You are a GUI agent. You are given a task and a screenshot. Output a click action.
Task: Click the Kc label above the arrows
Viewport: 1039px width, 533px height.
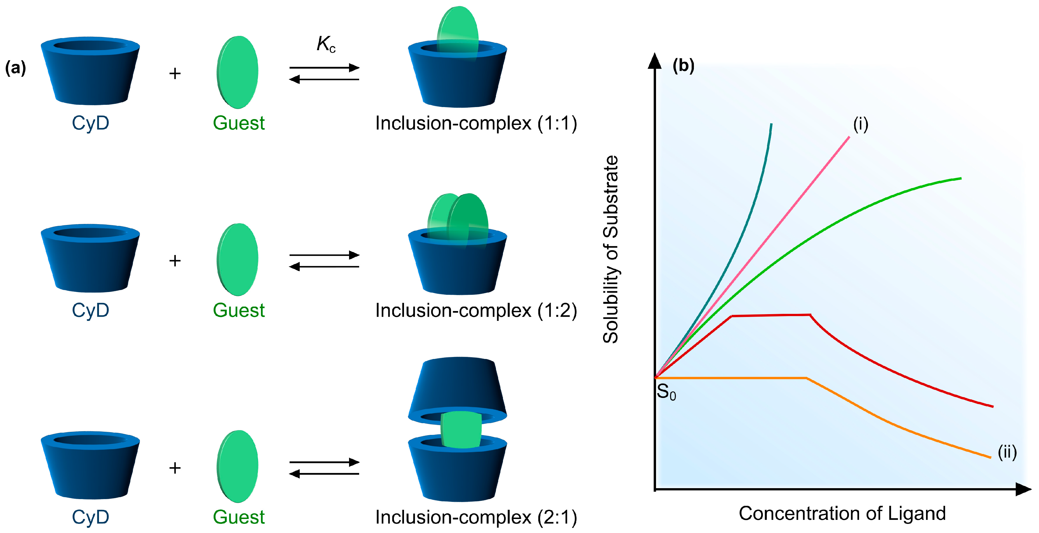pos(325,44)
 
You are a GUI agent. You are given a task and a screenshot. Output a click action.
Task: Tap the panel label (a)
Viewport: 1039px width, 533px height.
pos(15,68)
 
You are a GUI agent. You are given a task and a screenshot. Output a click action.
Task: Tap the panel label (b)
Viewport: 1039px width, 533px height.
pos(683,65)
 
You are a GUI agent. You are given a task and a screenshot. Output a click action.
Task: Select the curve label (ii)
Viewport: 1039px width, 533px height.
pos(1007,452)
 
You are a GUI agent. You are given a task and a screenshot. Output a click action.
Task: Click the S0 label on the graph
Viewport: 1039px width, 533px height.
pos(666,392)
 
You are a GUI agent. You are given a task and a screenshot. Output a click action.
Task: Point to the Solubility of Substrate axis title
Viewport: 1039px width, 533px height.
pos(611,249)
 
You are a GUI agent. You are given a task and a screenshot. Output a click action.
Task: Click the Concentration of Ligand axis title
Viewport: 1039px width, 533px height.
pos(842,513)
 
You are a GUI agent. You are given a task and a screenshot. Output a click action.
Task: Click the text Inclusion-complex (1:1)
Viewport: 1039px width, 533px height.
pos(476,123)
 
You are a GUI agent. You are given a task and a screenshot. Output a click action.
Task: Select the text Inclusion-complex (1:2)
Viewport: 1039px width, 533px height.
pos(476,310)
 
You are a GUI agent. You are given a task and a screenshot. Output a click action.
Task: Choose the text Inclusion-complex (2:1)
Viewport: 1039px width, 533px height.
pos(476,517)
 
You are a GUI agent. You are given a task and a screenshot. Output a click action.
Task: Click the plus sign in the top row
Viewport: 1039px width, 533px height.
pos(175,73)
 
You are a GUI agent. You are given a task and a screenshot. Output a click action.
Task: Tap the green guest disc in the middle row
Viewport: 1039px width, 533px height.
pos(237,259)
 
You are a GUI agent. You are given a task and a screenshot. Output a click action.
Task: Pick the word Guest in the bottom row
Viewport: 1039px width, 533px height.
pos(239,517)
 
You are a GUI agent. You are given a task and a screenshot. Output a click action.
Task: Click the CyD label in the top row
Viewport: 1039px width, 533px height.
pos(90,123)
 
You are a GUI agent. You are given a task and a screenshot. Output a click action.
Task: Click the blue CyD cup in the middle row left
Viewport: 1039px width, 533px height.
pos(90,258)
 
